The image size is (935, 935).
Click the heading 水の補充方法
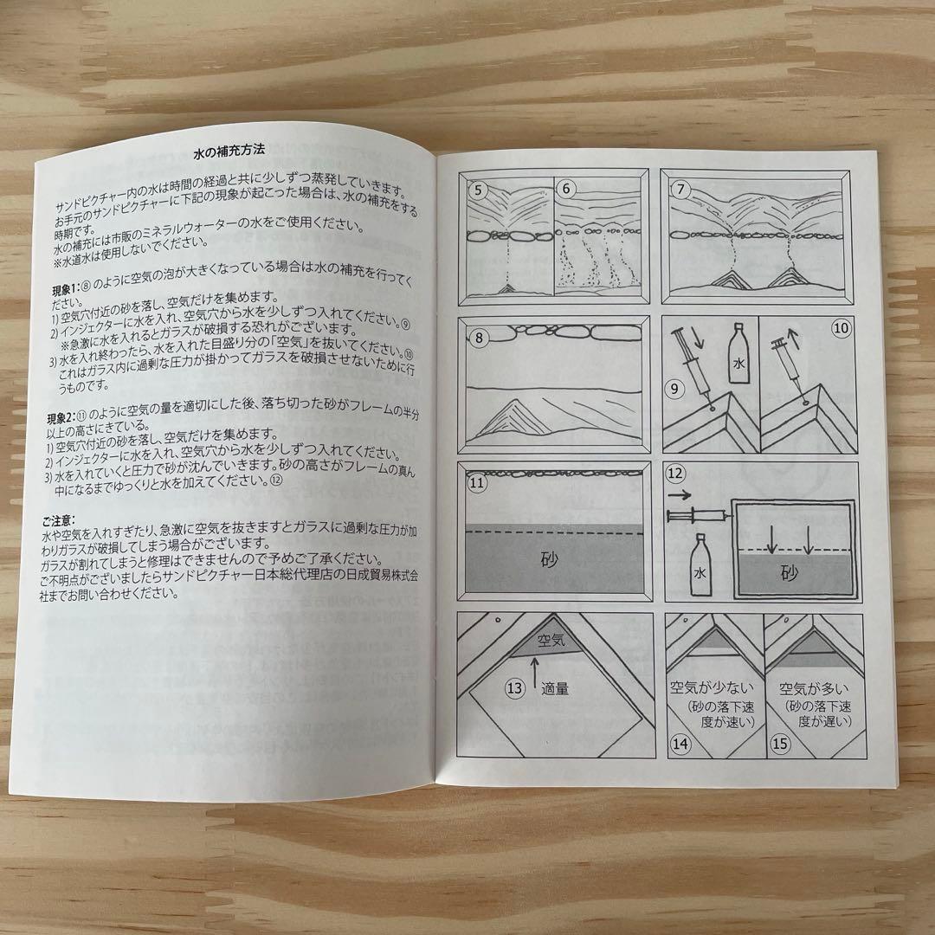pos(229,153)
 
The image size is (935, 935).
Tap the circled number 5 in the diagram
pos(476,187)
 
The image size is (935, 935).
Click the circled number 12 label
pos(677,474)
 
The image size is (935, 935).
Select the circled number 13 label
pos(514,688)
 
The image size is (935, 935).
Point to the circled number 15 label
pos(780,743)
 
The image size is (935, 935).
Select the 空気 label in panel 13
pos(551,642)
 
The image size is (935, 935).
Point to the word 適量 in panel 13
pos(555,689)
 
